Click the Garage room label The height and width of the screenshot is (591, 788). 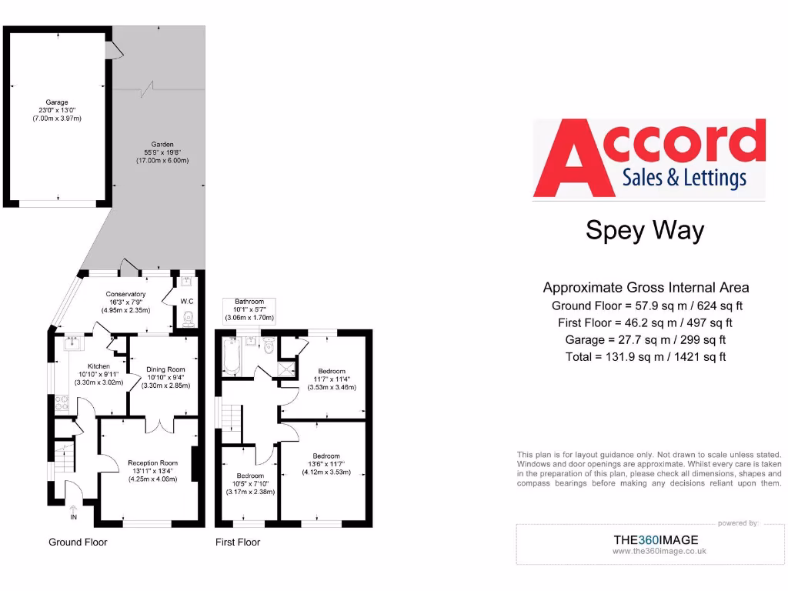tap(57, 102)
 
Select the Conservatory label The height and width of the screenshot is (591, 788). tap(125, 294)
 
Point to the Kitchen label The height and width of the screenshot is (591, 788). tap(98, 366)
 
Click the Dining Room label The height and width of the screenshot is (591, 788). tap(166, 369)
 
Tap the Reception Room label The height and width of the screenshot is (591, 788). tap(152, 462)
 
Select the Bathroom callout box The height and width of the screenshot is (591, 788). tap(249, 309)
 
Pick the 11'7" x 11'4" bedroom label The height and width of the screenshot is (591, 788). tap(332, 371)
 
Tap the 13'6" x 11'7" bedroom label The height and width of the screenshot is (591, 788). tap(326, 456)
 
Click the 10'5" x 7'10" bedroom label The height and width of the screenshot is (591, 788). tap(250, 476)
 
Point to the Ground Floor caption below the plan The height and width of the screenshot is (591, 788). tap(78, 542)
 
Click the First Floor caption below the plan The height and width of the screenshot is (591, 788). tap(237, 542)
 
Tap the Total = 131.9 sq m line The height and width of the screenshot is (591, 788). tap(646, 356)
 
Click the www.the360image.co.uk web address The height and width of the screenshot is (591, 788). tap(659, 551)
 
